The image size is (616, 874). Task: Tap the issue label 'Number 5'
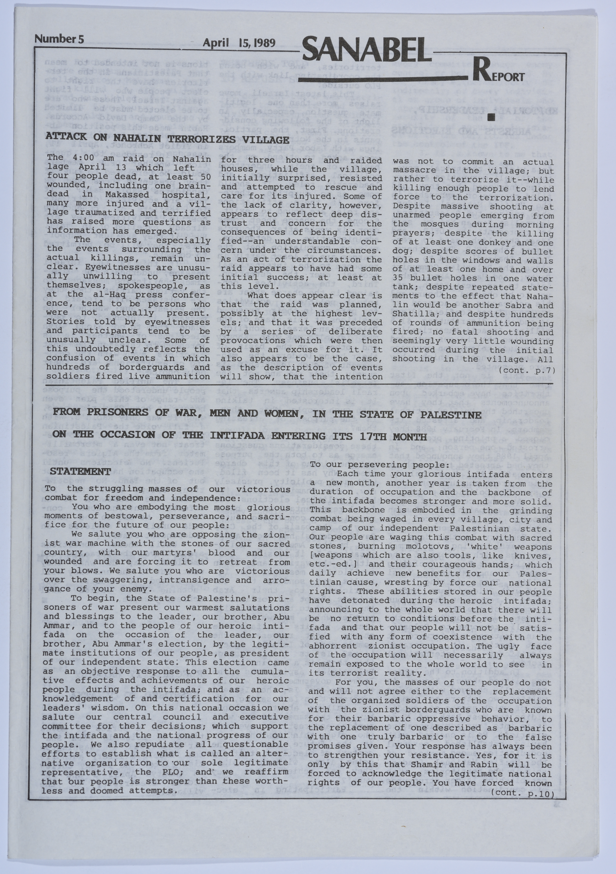pyautogui.click(x=59, y=39)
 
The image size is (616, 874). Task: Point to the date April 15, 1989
pyautogui.click(x=239, y=43)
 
